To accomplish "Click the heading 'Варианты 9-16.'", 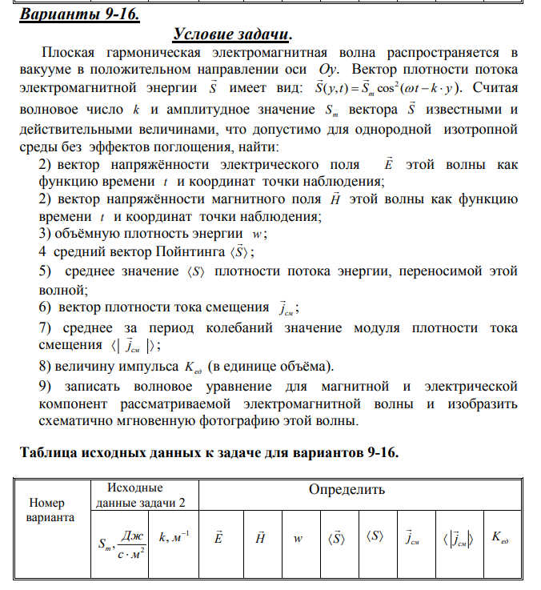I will coord(73,14).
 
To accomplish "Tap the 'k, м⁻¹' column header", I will coord(174,537).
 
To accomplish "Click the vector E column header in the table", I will coord(218,538).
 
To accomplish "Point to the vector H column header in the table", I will coord(259,538).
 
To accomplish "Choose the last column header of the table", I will coord(499,538).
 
